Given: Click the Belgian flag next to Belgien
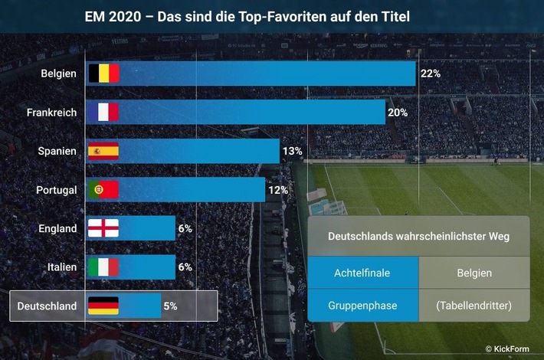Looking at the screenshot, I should (103, 74).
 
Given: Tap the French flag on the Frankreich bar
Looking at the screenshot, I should (103, 113).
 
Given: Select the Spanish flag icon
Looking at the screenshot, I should (103, 151).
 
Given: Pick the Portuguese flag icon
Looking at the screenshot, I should (103, 190).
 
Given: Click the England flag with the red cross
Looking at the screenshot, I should (103, 228).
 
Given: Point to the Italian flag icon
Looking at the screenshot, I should (103, 267).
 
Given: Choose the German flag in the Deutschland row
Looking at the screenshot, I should (103, 306).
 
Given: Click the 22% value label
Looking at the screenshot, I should (430, 74).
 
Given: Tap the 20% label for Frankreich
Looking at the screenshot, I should (398, 113).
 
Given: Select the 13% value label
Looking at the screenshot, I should (292, 151).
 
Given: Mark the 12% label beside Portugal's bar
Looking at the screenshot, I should (277, 190).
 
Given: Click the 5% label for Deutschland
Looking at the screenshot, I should (170, 306).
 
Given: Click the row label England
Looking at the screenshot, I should (57, 228).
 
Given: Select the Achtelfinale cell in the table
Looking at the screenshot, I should (362, 273).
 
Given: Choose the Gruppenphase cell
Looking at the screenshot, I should (362, 306).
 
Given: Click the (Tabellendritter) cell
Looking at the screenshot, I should (474, 306).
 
